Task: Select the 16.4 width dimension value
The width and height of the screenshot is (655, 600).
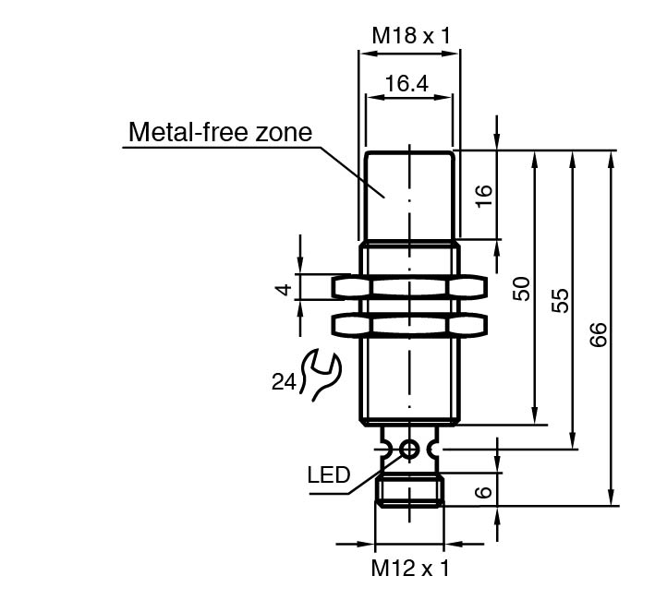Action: (x=406, y=84)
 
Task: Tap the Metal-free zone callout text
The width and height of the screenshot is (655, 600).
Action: (x=220, y=132)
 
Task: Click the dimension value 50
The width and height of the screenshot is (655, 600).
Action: (x=522, y=288)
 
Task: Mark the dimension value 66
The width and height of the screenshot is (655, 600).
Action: (x=598, y=333)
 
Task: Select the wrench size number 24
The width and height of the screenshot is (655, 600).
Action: (x=284, y=379)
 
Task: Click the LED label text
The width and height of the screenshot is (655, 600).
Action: (x=329, y=476)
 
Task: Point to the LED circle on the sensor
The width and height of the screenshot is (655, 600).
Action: (x=409, y=450)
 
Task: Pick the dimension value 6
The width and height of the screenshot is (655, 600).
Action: (x=484, y=490)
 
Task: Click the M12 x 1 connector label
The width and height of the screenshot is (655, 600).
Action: (x=409, y=568)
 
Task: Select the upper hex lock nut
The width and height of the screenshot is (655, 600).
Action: (x=409, y=287)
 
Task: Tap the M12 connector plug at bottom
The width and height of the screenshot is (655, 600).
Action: (x=409, y=489)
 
